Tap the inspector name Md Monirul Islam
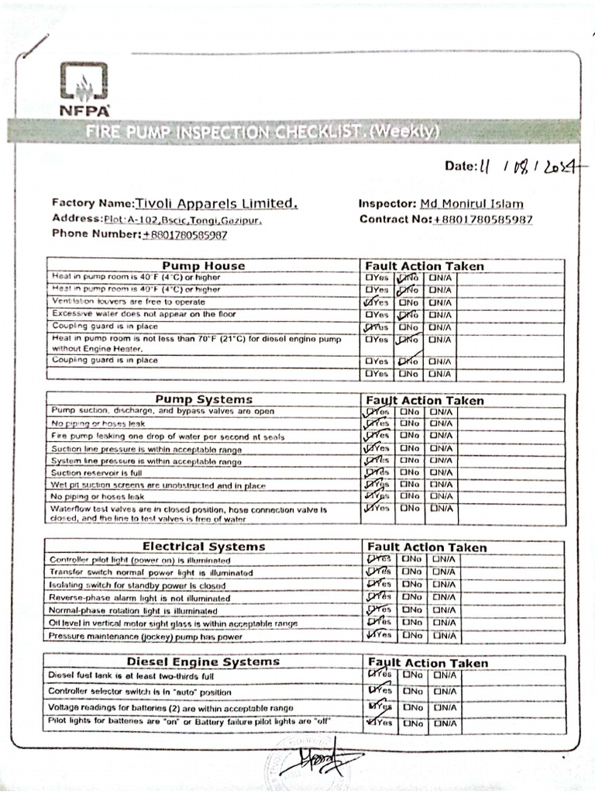coord(471,204)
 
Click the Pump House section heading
coord(203,266)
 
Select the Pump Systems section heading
coord(203,399)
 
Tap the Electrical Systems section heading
coord(203,547)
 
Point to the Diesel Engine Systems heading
coord(203,661)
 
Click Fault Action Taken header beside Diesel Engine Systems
coord(428,663)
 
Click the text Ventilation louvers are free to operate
coord(129,302)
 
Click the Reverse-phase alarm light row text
coord(139,598)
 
